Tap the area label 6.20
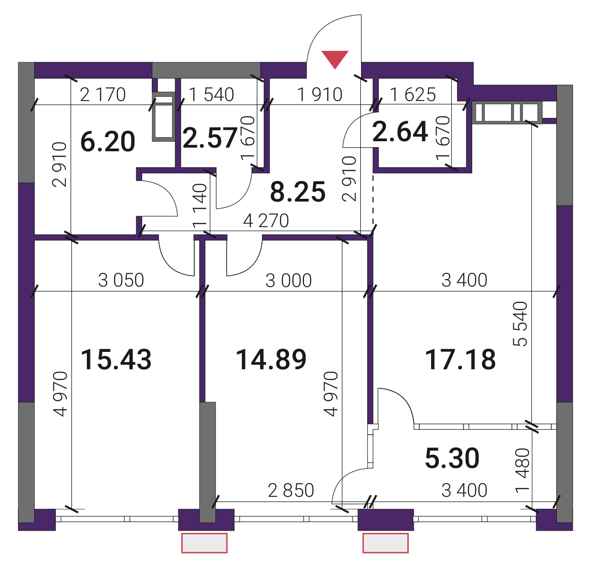(x=108, y=142)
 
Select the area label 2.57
(x=210, y=138)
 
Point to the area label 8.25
(x=298, y=192)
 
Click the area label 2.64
(x=400, y=132)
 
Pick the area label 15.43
(x=117, y=360)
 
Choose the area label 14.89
(x=272, y=360)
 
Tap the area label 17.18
(x=460, y=360)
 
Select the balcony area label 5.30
(x=452, y=458)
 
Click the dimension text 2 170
(x=103, y=95)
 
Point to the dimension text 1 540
(x=211, y=95)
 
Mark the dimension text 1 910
(x=320, y=95)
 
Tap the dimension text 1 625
(x=413, y=95)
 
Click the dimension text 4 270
(x=266, y=221)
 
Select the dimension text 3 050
(x=121, y=281)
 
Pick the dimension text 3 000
(x=289, y=281)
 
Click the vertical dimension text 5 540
(x=520, y=324)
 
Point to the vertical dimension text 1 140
(x=200, y=206)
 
